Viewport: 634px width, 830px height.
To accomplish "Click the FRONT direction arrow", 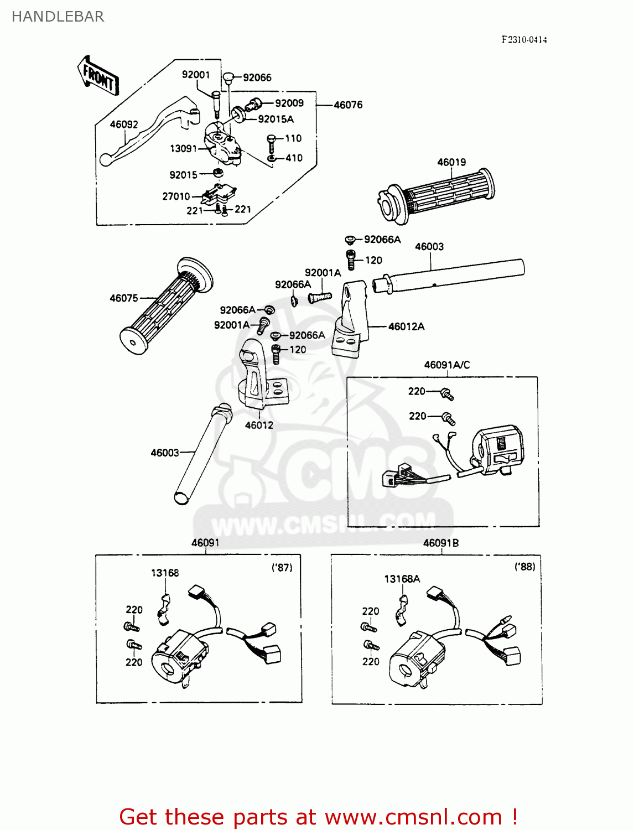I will (98, 76).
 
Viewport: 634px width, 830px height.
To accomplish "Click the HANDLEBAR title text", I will (58, 17).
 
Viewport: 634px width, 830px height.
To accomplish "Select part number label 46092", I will (124, 124).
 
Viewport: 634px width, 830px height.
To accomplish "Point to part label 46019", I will (451, 162).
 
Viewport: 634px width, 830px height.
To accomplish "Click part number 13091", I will (183, 148).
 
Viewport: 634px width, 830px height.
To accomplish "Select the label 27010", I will (176, 196).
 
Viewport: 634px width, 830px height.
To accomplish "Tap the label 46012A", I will (407, 326).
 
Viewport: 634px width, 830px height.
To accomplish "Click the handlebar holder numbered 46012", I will (257, 376).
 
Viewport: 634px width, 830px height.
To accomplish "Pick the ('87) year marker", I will (282, 567).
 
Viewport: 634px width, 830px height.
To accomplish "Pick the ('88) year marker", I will (524, 567).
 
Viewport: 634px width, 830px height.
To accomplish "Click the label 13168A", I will (402, 579).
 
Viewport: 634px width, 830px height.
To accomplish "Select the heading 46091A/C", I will (447, 365).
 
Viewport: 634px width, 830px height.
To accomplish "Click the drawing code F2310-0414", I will (524, 39).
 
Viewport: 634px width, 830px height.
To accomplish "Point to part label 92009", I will (289, 103).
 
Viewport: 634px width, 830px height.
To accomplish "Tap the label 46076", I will (348, 105).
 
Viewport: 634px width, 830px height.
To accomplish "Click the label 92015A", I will (276, 119).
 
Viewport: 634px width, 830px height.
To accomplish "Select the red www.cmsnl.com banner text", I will (318, 817).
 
